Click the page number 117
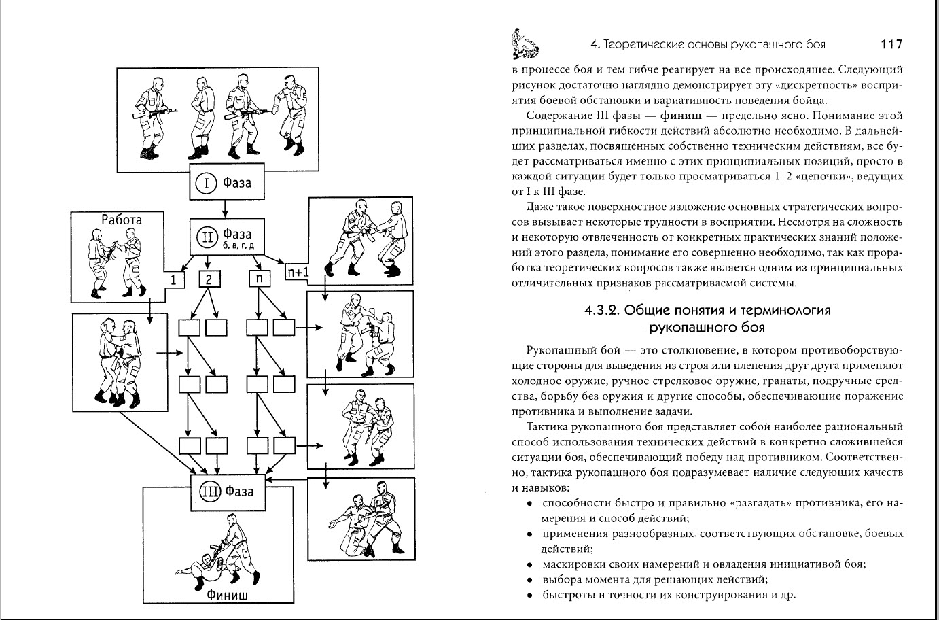891,44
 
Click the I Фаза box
223,183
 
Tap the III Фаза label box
226,490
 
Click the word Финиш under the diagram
227,596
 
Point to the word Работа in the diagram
122,219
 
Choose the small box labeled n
259,279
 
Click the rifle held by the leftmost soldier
155,112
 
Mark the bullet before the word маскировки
529,564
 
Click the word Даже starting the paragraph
539,206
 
